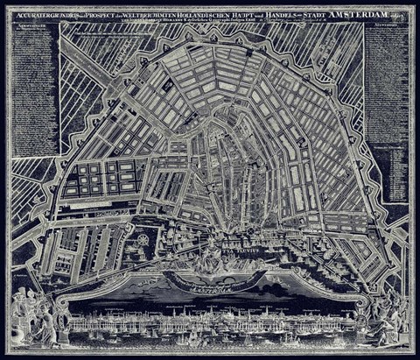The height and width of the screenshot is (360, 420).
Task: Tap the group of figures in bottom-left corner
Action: [x=35, y=315]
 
